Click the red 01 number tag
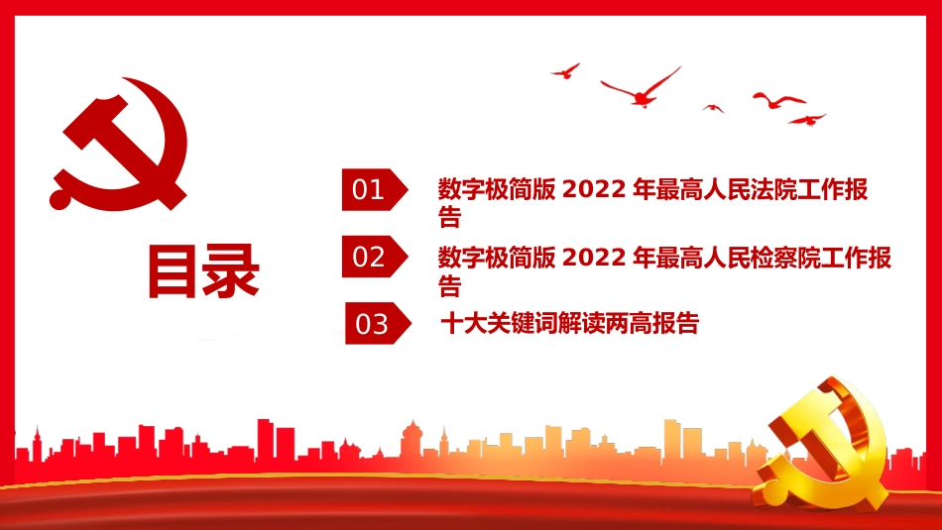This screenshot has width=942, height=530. (372, 189)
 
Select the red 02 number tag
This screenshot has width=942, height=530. (372, 257)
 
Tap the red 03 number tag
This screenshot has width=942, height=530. (375, 324)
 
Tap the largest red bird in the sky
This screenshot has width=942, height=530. (643, 89)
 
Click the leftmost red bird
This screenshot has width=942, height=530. (565, 70)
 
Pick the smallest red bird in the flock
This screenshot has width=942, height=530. (713, 107)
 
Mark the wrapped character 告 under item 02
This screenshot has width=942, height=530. (450, 287)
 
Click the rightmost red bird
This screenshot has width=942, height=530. (807, 119)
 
